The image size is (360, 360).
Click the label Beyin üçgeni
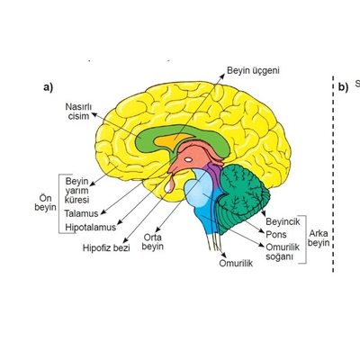253,71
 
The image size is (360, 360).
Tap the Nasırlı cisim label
78,112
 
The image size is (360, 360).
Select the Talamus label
81,213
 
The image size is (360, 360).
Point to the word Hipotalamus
91,227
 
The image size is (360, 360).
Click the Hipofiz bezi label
106,248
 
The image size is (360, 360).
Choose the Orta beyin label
153,242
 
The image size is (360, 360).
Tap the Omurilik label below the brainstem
236,263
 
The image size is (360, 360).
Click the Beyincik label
283,221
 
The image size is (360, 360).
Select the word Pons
276,235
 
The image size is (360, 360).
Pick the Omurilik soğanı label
283,252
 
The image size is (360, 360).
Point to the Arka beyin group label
319,238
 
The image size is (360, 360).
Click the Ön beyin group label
45,202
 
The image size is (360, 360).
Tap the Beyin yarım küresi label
77,191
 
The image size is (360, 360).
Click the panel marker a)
48,87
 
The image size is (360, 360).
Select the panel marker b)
344,87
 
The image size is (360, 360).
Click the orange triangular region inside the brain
172,141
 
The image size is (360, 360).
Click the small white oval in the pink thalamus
188,159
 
